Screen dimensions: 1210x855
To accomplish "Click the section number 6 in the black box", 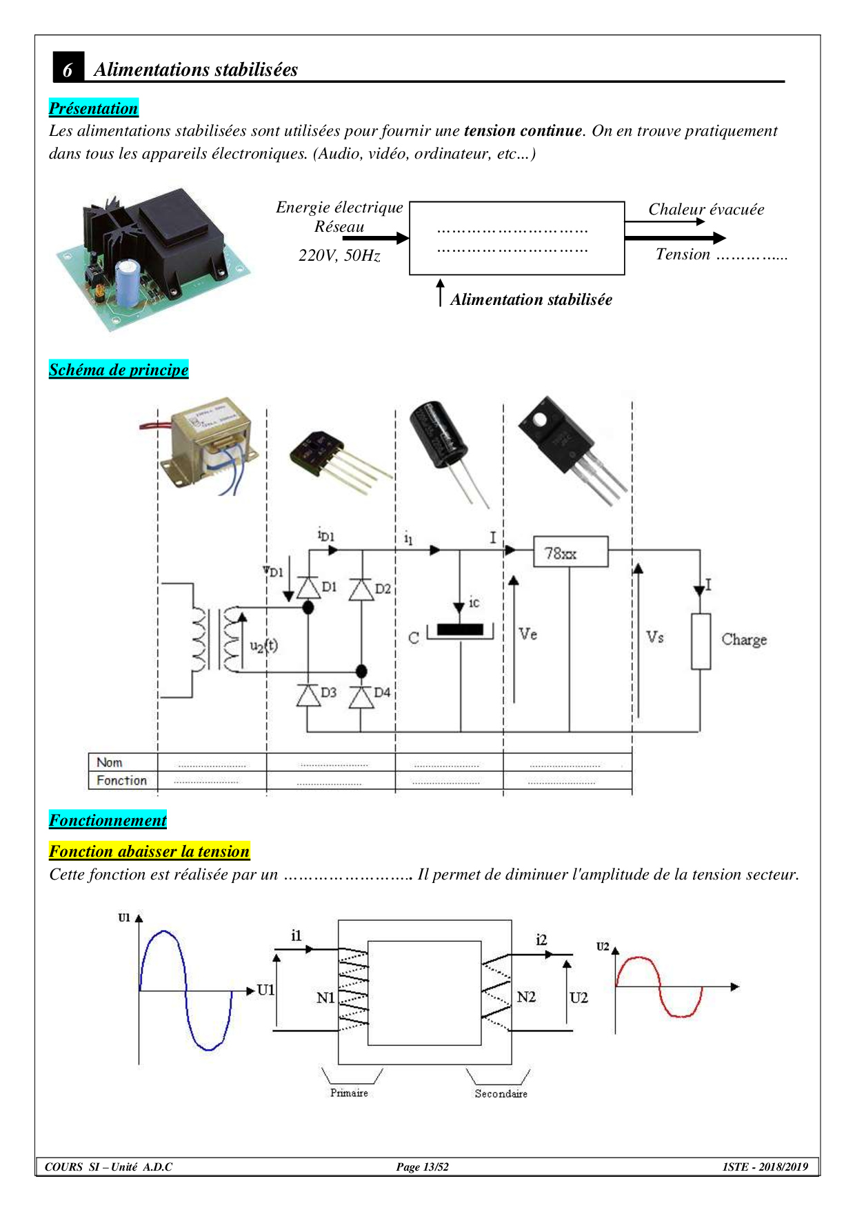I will tap(68, 69).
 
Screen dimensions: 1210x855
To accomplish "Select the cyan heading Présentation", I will tap(93, 108).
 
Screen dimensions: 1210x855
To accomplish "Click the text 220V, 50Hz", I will tap(339, 256).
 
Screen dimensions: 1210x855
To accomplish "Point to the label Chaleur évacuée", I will tap(705, 210).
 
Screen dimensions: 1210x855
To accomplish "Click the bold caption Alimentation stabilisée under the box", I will tap(531, 300).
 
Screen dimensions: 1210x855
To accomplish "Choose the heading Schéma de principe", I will tap(119, 370).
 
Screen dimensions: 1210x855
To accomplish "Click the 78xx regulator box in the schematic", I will tap(570, 553).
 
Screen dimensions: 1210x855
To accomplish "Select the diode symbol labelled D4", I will tap(361, 697).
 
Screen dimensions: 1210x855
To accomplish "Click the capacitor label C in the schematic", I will tap(414, 638).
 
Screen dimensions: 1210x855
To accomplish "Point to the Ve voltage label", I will tap(528, 634).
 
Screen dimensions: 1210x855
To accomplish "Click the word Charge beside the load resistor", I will tap(744, 639).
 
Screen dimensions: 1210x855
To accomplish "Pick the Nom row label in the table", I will tap(110, 762).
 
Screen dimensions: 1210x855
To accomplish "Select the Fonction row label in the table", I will tap(121, 780).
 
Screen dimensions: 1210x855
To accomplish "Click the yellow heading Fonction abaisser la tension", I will tap(149, 851).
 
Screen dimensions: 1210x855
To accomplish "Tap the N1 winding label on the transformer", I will tap(325, 998).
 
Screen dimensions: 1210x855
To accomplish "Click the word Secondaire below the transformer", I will tap(501, 1094).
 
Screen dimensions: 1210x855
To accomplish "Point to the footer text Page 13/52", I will tap(422, 1167).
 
